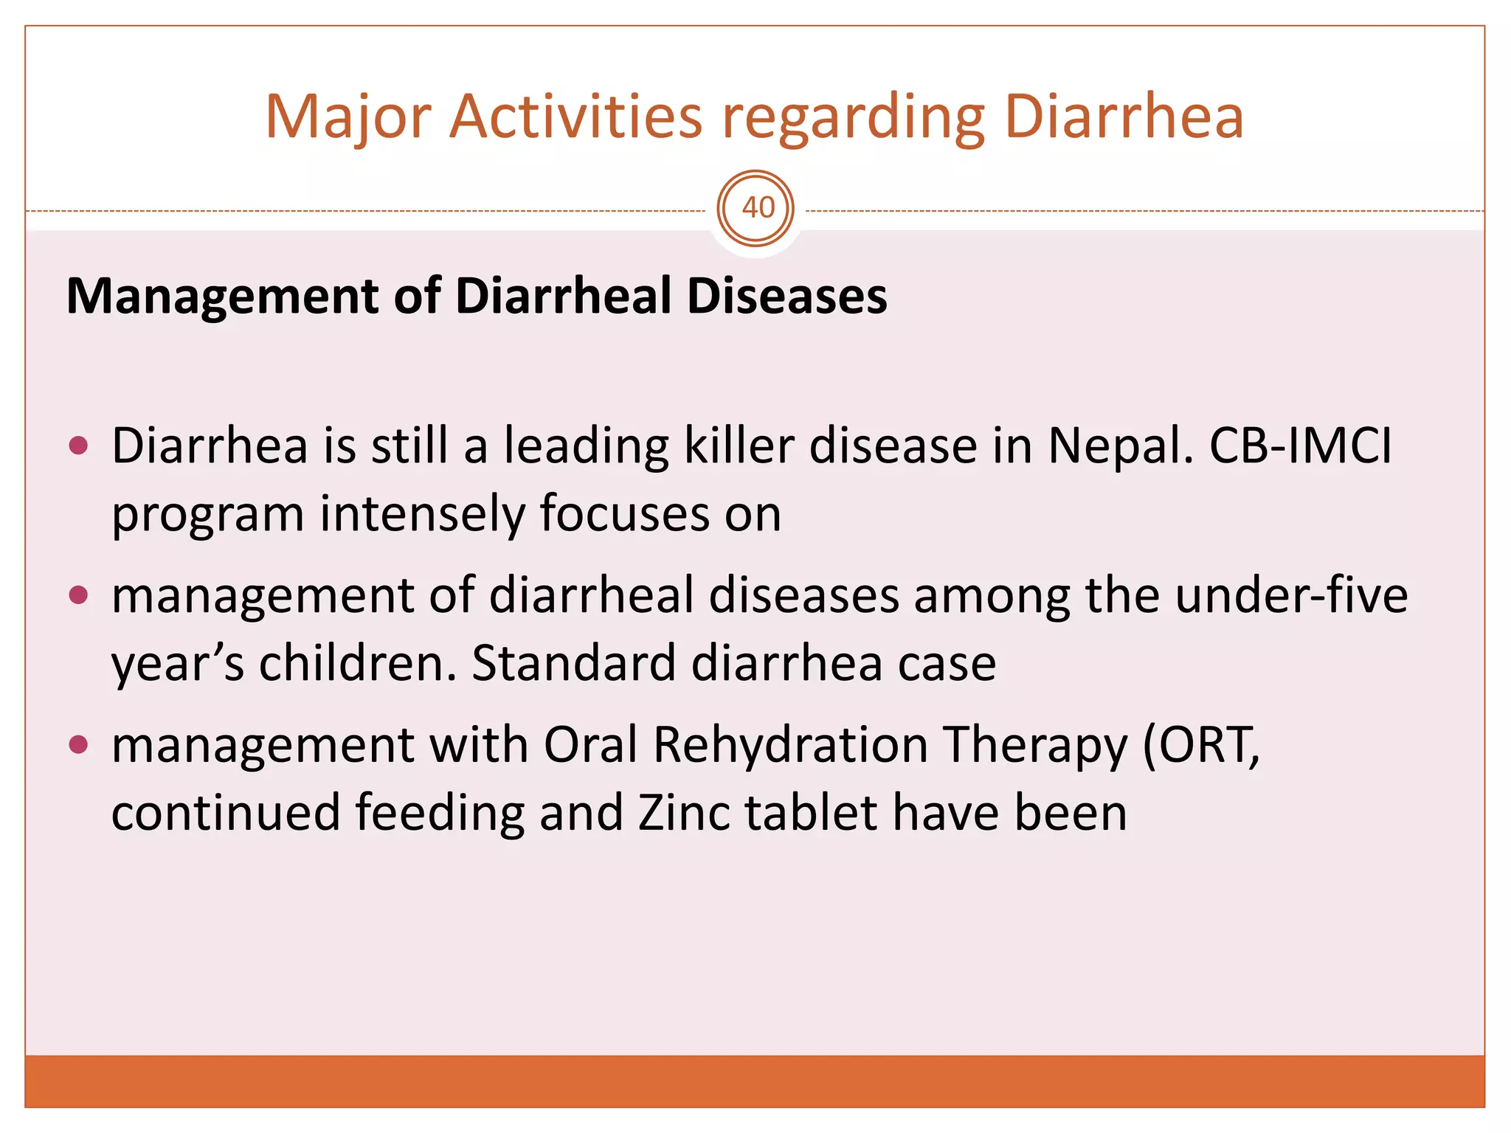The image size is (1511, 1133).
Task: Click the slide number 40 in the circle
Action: coord(757,208)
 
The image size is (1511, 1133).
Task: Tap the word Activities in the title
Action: coord(575,117)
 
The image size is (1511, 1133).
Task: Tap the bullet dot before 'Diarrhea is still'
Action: coord(78,446)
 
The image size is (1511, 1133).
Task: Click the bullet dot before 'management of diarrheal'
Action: coord(78,595)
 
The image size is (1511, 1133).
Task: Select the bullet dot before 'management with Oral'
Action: coord(78,744)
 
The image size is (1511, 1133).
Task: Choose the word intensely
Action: coord(421,514)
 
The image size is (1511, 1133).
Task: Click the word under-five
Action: coord(1290,595)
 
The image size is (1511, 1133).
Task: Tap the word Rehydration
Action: coord(790,745)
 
